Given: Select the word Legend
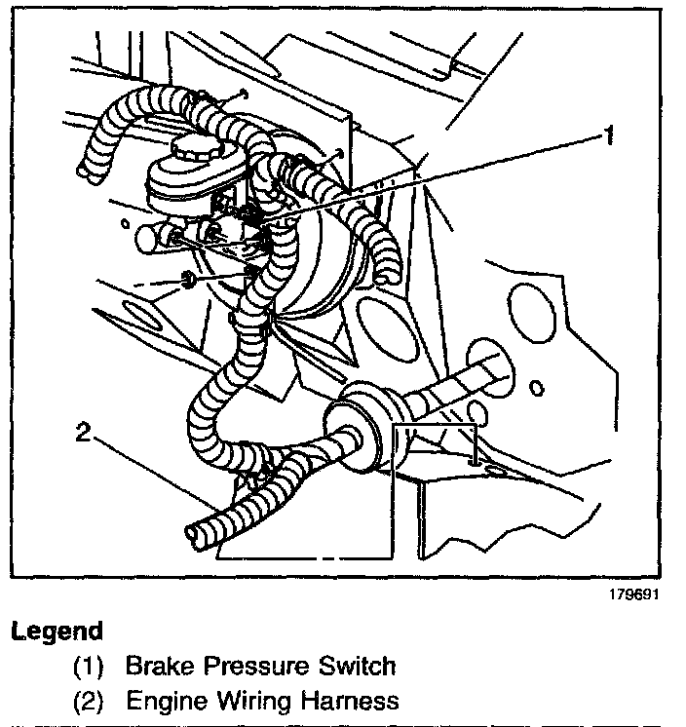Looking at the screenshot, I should [57, 631].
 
